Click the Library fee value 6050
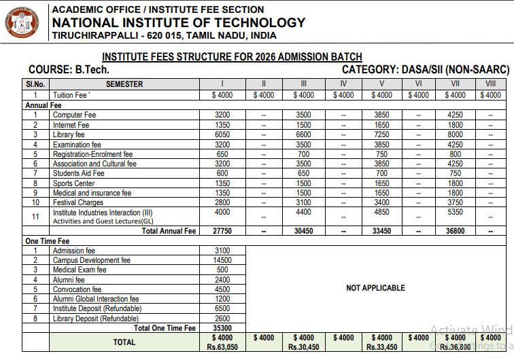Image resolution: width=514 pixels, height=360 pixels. pos(222,134)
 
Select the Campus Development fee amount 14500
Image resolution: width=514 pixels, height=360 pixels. pos(222,260)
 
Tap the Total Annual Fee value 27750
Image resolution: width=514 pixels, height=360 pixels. pos(222,231)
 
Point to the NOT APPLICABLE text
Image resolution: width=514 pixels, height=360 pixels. pos(375,288)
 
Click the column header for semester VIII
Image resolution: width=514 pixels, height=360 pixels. pos(490,84)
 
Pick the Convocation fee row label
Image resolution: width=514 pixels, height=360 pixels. pos(78,289)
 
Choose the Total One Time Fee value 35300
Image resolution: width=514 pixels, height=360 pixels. pos(222,328)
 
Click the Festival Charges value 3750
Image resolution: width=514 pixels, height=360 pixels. pos(455,202)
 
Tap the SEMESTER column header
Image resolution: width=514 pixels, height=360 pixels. pos(124,84)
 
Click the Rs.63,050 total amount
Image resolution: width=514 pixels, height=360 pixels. pos(222,347)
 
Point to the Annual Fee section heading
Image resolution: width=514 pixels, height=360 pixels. pos(44,105)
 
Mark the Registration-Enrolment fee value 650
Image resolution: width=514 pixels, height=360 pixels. pos(222,154)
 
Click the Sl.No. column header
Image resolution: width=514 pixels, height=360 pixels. pos(35,84)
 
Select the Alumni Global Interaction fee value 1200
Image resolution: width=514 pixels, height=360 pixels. pos(222,299)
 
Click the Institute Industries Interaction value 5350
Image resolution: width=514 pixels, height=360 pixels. pos(455,213)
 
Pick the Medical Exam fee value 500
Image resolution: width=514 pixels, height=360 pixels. pos(222,270)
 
